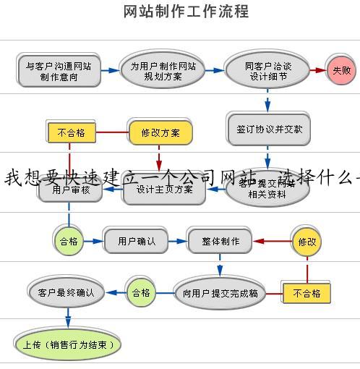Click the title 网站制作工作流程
(x=187, y=12)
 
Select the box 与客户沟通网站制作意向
(x=59, y=70)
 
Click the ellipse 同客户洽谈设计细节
(x=268, y=70)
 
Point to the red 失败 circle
(x=341, y=70)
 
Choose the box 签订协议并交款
(x=268, y=129)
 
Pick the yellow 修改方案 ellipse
(x=160, y=132)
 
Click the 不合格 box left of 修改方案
(x=70, y=132)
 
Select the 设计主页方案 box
(x=164, y=190)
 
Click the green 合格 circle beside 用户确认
(x=69, y=241)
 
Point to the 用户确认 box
(x=136, y=241)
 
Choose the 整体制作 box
(x=220, y=241)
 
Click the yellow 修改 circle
(x=307, y=242)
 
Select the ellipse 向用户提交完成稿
(x=220, y=293)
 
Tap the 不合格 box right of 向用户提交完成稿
(x=307, y=293)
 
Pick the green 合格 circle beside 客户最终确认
(x=140, y=292)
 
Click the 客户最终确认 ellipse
(x=66, y=292)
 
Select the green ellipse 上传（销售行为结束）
(x=68, y=344)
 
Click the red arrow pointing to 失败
(x=317, y=70)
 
